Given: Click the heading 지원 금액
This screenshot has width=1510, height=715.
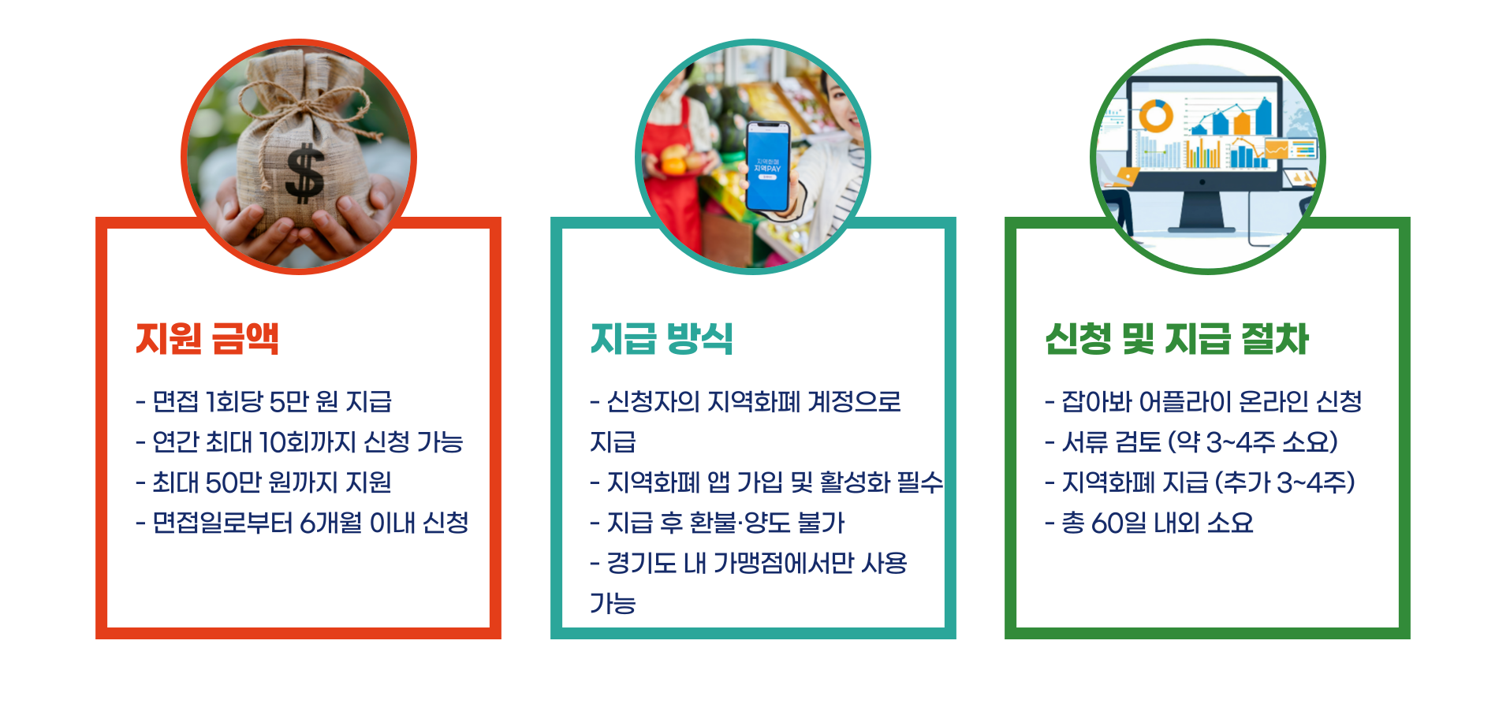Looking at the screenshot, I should tap(207, 339).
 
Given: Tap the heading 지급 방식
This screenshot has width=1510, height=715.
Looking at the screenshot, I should tap(662, 339).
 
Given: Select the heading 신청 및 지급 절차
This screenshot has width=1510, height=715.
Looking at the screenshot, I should tap(1176, 339).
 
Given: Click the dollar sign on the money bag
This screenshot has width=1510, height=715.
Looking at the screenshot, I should tap(304, 173).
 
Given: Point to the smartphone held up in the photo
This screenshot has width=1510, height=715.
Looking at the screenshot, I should tap(767, 166).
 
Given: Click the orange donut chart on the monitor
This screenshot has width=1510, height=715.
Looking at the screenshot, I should tap(1156, 116).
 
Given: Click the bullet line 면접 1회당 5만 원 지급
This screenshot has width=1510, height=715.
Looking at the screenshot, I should tap(264, 402).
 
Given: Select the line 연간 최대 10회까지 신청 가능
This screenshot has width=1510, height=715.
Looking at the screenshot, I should tap(300, 442).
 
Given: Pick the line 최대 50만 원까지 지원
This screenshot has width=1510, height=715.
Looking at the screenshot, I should tap(264, 482).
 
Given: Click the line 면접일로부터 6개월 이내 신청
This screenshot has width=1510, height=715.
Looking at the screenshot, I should tap(303, 523).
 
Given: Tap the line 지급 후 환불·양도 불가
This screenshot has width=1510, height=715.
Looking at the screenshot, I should tap(718, 523).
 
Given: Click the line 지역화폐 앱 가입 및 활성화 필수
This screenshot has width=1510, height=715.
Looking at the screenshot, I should tap(766, 482).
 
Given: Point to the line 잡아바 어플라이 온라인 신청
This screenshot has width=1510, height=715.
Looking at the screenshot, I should tap(1203, 402).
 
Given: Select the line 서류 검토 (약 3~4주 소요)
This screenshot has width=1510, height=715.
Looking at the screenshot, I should tap(1191, 442).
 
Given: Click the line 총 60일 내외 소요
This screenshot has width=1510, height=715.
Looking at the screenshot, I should tap(1149, 523).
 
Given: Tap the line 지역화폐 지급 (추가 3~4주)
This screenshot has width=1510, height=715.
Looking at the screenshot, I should tap(1200, 482).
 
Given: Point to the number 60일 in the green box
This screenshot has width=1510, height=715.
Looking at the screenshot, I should tap(1118, 523).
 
